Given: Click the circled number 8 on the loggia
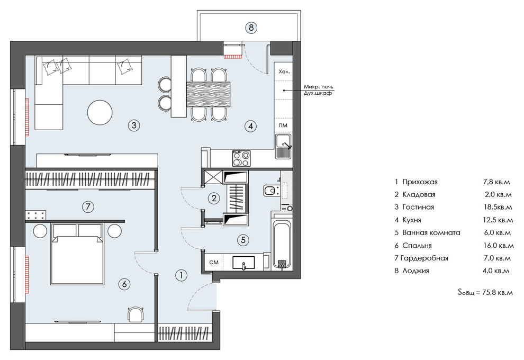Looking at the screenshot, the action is [251, 27].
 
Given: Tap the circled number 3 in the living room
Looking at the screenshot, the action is [134, 125].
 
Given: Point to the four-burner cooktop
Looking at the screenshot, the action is [241, 158].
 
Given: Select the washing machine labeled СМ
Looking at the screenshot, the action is [214, 263].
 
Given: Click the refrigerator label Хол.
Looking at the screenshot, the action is [284, 72].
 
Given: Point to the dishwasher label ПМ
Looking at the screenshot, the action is [283, 125].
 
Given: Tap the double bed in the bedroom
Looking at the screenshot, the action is [77, 254].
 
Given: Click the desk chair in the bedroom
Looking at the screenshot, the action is [137, 314].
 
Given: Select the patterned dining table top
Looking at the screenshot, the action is [209, 95].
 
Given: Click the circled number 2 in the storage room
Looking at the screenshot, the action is [214, 198].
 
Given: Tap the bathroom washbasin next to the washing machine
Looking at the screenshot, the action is [243, 263].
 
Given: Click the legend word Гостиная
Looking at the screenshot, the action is [418, 207].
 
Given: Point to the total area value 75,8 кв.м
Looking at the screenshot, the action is [498, 292].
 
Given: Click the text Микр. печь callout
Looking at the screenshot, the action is [319, 87].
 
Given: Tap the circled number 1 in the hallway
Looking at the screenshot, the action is [181, 275].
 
